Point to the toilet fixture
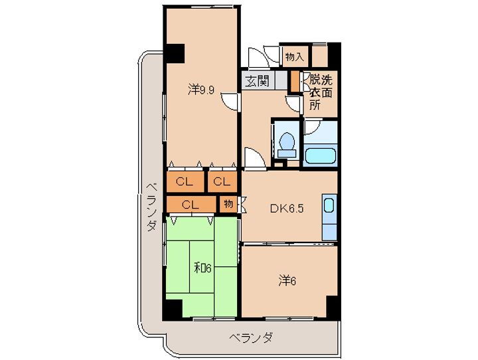click(x=287, y=143)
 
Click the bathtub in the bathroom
click(x=321, y=157)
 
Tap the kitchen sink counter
click(x=329, y=213)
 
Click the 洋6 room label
click(x=287, y=281)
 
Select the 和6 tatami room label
click(x=202, y=268)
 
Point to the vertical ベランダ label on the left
click(x=151, y=207)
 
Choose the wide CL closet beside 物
click(x=191, y=204)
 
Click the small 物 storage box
click(x=228, y=204)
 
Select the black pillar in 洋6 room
click(x=333, y=307)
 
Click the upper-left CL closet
click(x=186, y=181)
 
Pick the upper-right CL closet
click(x=222, y=181)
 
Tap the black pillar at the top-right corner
click(x=334, y=53)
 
